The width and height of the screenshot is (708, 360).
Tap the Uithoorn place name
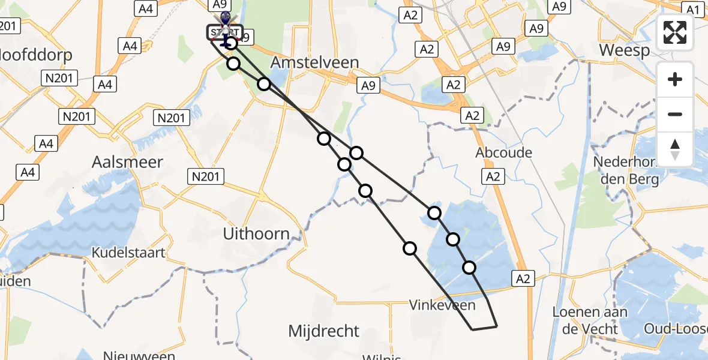coord(256,233)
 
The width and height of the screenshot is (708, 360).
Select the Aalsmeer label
coord(127,161)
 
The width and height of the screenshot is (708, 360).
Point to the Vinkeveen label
coord(442,305)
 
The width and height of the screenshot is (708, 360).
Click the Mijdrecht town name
coord(324,331)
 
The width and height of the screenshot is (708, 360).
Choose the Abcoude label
coord(503,152)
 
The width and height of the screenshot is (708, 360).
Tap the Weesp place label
coord(625,50)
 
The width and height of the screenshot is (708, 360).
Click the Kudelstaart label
coord(128,253)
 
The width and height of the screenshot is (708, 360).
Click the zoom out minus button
coord(675,114)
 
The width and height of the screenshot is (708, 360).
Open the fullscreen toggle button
coord(675,33)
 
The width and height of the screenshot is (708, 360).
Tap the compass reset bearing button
coord(675,149)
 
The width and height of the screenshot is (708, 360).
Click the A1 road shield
coord(694,10)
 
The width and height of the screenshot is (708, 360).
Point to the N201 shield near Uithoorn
coord(205,176)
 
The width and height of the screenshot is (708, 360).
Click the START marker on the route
coord(225,32)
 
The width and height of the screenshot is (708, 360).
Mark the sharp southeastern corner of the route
coord(497,326)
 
